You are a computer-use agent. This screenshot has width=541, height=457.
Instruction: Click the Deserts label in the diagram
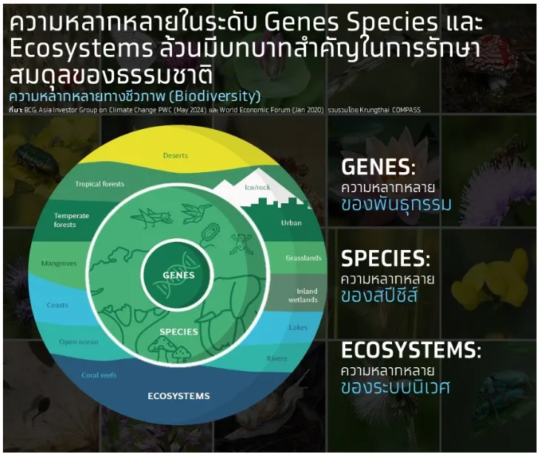point(175,156)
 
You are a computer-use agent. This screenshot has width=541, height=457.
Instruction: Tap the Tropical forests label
point(99,184)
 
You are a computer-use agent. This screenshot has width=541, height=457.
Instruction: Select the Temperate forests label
point(71,220)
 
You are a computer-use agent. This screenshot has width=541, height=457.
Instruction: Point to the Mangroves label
point(59,263)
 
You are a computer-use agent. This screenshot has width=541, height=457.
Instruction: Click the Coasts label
point(57,305)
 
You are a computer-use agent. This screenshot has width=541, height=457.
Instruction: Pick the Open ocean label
point(79,342)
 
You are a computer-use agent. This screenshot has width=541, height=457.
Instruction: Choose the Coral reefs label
point(100,375)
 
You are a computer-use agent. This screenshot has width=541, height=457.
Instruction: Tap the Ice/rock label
point(259,188)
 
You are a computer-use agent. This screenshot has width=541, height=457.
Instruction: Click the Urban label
point(291,223)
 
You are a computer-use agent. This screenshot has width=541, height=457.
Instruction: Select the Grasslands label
point(303,258)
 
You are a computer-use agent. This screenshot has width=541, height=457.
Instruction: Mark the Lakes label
point(298,327)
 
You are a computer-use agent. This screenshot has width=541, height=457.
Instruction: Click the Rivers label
point(276,359)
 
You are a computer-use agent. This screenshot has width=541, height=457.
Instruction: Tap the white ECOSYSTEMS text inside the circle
point(179,395)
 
